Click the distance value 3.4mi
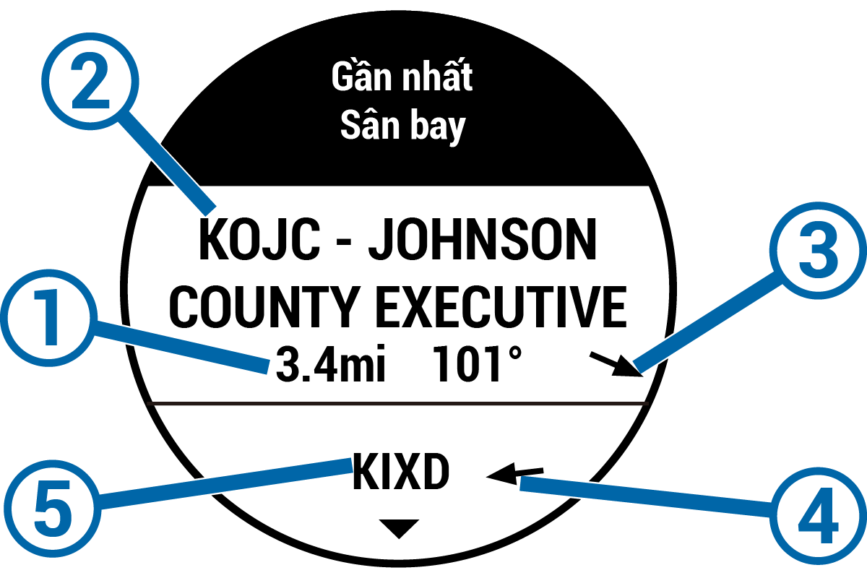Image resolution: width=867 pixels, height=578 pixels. pos(329,366)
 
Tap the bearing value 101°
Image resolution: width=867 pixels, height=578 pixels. pos(477,366)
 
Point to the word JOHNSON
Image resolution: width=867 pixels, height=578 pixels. pos(483,243)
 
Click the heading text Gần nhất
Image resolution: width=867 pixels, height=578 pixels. pos(402,77)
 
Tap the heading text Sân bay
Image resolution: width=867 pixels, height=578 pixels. pos(402,126)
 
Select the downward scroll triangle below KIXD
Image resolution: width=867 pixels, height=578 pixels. pos(398,530)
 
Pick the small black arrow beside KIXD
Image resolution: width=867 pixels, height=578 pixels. pos(515,474)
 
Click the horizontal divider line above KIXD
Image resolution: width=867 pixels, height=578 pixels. pos(397,402)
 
